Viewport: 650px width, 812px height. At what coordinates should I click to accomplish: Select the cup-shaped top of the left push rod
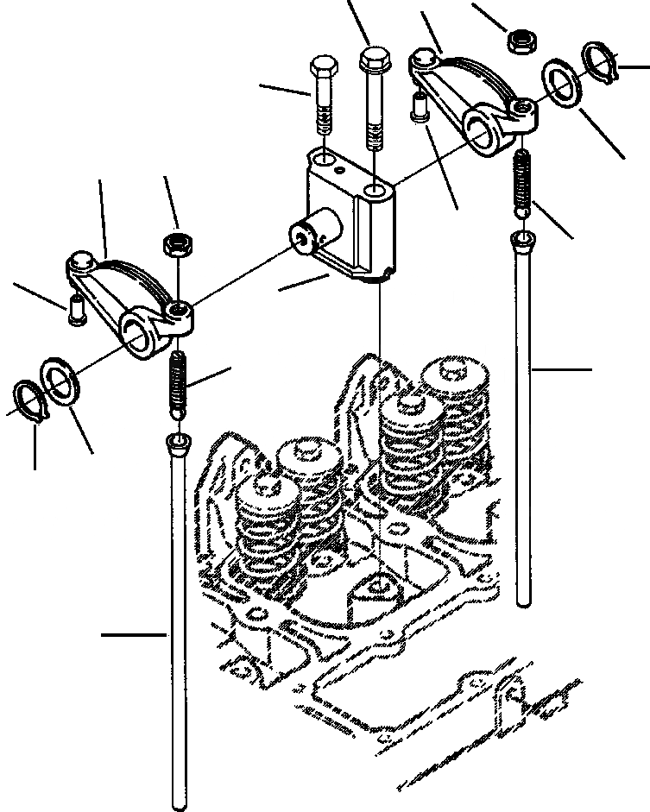175,444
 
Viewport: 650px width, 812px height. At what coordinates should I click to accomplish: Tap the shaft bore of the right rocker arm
482,128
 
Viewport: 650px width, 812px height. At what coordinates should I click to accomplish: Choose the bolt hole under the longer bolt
374,188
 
